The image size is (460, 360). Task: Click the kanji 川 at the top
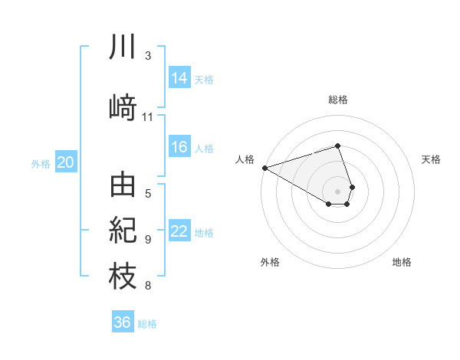point(123,48)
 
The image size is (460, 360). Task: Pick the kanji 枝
point(123,276)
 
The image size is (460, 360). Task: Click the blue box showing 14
point(179,78)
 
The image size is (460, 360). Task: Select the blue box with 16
point(179,148)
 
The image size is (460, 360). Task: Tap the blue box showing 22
point(179,231)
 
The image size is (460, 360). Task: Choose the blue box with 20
point(66,162)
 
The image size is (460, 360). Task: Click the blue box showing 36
point(123,322)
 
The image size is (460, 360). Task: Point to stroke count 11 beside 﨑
point(148,117)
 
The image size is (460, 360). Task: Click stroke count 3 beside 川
point(148,56)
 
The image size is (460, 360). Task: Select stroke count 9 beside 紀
point(148,240)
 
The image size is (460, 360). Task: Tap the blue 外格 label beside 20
point(41,163)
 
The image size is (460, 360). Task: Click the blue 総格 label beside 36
point(147,323)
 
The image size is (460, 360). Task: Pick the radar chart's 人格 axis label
point(245,159)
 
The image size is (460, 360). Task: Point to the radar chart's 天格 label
point(432,159)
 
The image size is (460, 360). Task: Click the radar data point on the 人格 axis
point(264,168)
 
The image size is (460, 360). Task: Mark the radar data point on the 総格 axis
point(337,146)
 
